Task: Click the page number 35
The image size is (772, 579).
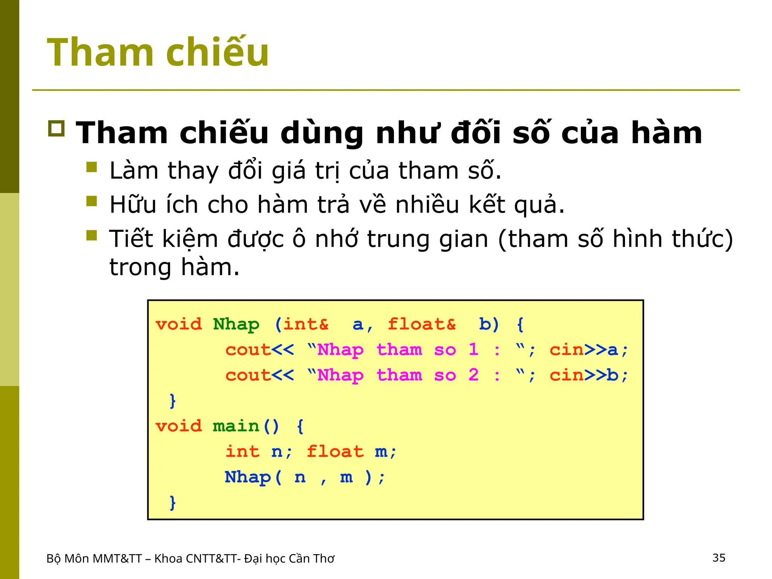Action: click(x=718, y=558)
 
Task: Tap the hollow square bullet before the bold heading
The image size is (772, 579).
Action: click(x=57, y=129)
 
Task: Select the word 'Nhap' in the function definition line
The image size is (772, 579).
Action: click(x=236, y=324)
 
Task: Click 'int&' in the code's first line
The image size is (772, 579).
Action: click(x=305, y=324)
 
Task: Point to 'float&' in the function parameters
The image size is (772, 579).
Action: click(x=421, y=324)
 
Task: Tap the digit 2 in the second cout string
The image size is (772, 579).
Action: click(x=473, y=375)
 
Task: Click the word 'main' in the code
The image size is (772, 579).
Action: click(x=236, y=426)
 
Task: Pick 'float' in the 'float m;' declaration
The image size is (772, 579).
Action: click(x=335, y=452)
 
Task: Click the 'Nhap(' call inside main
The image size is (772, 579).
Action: click(x=253, y=477)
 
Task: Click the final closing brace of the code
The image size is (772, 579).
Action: click(x=173, y=502)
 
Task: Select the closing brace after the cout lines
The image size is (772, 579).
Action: click(x=173, y=400)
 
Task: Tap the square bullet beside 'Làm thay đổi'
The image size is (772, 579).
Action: click(x=92, y=167)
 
